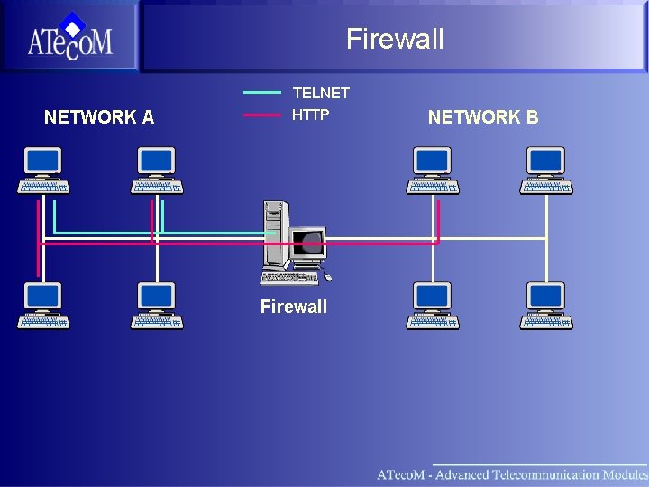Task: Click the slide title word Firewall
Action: point(395,39)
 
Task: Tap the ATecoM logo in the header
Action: point(69,38)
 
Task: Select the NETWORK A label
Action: point(99,117)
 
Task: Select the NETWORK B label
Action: point(483,117)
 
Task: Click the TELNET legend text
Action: point(321,93)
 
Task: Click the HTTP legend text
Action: point(311,115)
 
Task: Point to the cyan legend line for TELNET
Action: point(262,92)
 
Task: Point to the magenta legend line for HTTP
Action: point(262,115)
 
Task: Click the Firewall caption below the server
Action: point(294,307)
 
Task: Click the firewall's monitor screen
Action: point(309,242)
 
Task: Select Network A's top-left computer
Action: point(43,170)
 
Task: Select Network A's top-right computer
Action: point(157,170)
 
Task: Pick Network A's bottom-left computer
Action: point(43,306)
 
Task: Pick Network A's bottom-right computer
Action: point(157,306)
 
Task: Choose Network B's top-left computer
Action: point(433,170)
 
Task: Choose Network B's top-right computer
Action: point(546,170)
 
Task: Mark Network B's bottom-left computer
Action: point(433,306)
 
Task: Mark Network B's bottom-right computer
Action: point(546,306)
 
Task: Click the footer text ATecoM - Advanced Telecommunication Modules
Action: point(511,474)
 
